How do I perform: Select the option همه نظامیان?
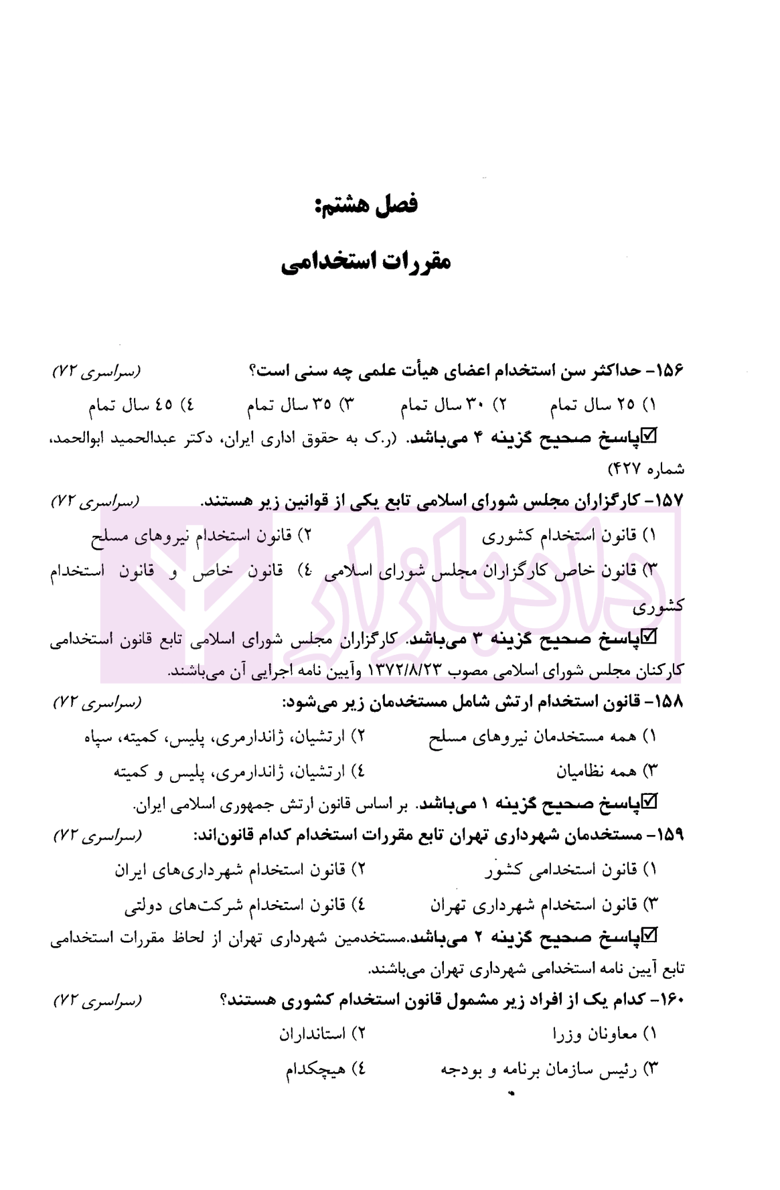click(596, 770)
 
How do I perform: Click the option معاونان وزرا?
click(595, 1035)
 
